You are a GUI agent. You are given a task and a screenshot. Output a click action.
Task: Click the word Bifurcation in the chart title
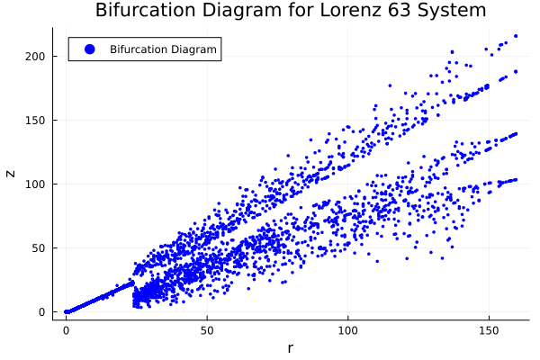click(x=143, y=11)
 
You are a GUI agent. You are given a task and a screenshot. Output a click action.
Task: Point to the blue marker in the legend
click(x=89, y=49)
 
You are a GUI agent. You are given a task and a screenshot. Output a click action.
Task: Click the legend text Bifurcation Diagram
click(x=163, y=49)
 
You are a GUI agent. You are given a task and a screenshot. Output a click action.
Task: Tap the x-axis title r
click(x=290, y=348)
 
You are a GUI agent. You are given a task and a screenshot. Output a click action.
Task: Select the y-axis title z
click(x=12, y=173)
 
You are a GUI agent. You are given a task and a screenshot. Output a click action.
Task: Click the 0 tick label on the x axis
click(x=66, y=330)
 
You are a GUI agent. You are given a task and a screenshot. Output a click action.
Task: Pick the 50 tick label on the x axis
click(x=207, y=330)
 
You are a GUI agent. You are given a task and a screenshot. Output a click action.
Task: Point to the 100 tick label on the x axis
click(x=347, y=330)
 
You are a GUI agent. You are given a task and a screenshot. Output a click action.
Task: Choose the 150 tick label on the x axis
click(x=489, y=330)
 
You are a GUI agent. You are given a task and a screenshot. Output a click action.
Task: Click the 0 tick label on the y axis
click(x=42, y=312)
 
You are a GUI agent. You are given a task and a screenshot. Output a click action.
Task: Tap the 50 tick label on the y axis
click(x=39, y=248)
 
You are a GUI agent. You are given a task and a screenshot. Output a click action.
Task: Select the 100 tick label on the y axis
click(x=35, y=184)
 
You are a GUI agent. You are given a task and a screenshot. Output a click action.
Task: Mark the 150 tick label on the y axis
click(x=35, y=121)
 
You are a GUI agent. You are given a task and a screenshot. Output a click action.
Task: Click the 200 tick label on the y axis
click(x=35, y=57)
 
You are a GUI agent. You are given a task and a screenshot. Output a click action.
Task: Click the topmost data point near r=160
click(x=516, y=36)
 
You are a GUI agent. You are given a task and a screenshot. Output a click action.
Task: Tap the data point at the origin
click(x=66, y=311)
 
